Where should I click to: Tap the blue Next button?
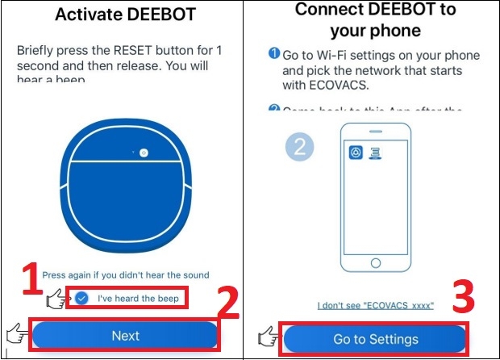click(x=125, y=335)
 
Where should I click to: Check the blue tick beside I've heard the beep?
click(x=82, y=298)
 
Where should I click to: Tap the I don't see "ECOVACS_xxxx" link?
click(x=375, y=305)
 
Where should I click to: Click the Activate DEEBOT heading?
click(x=125, y=15)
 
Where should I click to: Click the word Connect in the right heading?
click(x=329, y=10)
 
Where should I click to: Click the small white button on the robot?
click(x=142, y=152)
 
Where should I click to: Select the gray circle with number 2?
click(x=298, y=146)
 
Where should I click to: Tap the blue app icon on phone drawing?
click(x=356, y=153)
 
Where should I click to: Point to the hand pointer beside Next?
click(x=15, y=332)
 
